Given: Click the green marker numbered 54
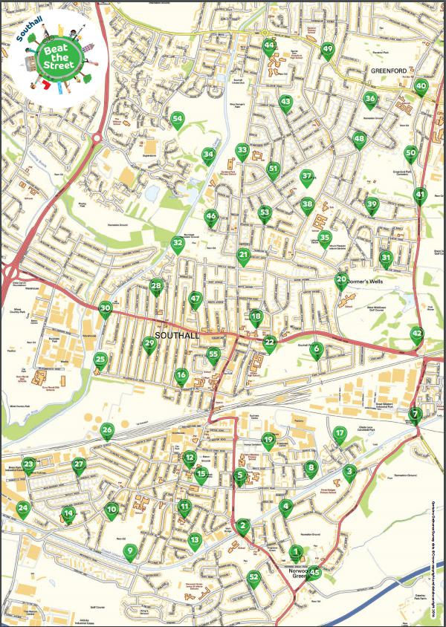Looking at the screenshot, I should pos(177,119).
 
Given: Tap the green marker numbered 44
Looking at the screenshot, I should pos(269,46).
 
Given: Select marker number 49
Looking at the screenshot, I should pos(327,50).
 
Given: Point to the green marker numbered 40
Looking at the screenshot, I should pos(421,86).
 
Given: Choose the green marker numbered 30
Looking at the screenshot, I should pos(106,308).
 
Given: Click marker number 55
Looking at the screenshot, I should pos(214,355).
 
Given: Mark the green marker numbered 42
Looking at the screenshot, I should pos(417,334).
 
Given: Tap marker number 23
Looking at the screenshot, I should pos(29,466).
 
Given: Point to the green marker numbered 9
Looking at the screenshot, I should pos(130,551).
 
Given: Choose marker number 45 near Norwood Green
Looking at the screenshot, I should pos(315,572).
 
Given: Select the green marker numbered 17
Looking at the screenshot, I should pos(340,434).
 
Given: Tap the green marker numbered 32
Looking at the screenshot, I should pos(177,243).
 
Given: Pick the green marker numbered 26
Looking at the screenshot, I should pos(107,431).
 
